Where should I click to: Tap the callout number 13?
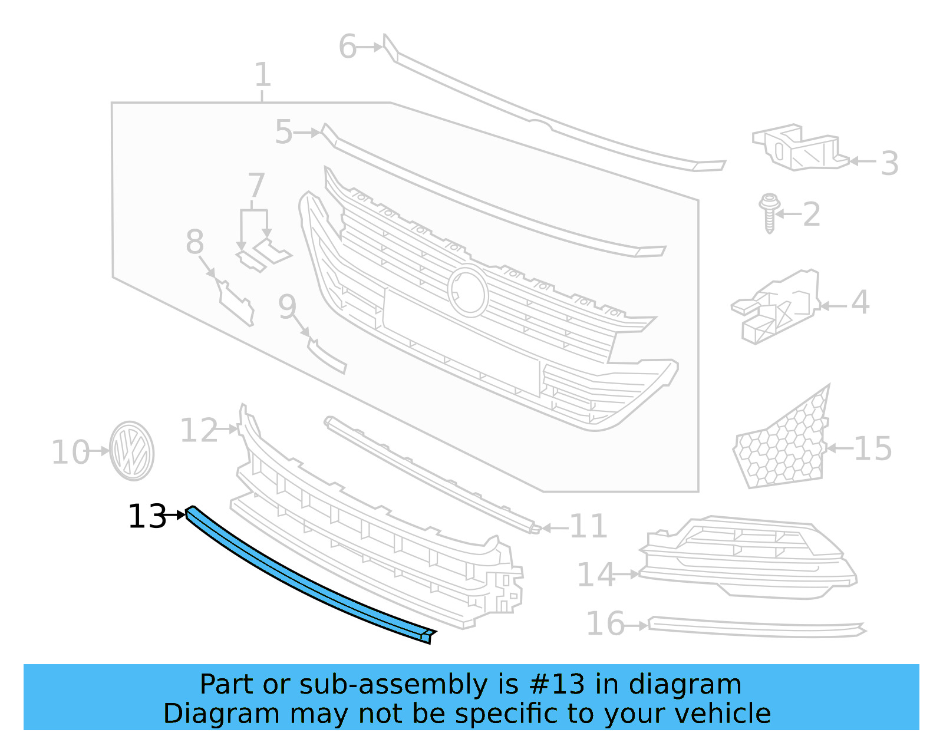(x=147, y=517)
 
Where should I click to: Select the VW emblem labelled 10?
(x=132, y=451)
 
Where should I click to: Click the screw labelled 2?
(x=769, y=213)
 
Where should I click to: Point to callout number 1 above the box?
(x=263, y=75)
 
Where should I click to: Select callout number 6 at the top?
(x=348, y=47)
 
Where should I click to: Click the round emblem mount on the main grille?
(x=468, y=291)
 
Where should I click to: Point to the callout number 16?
(x=605, y=623)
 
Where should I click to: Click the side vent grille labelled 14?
(x=749, y=557)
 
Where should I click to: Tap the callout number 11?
(x=589, y=526)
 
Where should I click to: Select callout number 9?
(x=287, y=306)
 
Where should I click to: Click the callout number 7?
(x=256, y=185)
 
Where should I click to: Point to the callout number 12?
(x=199, y=430)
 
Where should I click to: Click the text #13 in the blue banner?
(x=557, y=684)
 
